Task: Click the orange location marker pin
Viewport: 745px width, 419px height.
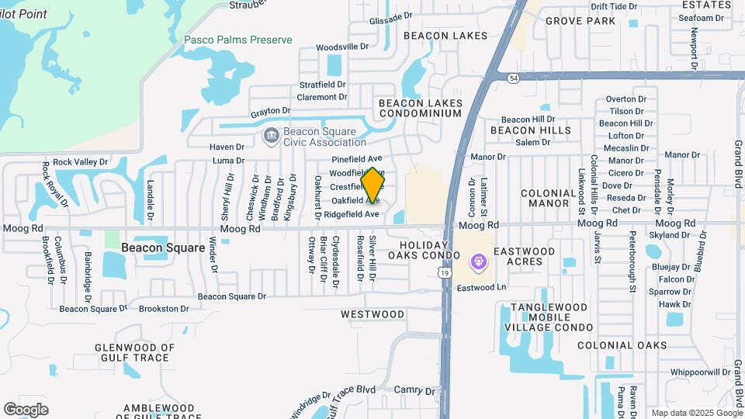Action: point(372,185)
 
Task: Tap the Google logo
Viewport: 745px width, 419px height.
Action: point(26,409)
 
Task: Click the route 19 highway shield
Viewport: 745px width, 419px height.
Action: point(442,272)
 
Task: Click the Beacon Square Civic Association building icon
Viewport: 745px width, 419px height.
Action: point(270,137)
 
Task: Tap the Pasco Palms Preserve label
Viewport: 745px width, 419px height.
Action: point(238,40)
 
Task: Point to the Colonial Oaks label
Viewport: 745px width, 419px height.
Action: point(622,345)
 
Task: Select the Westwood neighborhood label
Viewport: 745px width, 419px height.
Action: point(372,314)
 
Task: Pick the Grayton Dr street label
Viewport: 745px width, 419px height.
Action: point(270,111)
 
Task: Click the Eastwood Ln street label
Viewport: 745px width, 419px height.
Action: point(480,287)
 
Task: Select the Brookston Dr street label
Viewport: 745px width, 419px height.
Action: point(164,308)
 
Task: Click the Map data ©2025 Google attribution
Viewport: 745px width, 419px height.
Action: point(696,413)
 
